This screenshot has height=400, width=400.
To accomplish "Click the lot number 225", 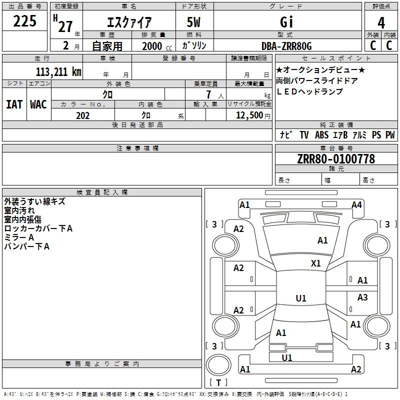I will point(25,21).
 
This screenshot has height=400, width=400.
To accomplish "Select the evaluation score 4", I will point(381,23).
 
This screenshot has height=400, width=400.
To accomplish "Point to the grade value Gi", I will point(286,23).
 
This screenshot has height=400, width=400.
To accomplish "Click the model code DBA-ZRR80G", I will point(286,46).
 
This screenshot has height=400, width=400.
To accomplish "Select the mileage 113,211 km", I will point(58,71).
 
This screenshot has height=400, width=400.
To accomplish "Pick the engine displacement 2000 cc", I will point(155,46).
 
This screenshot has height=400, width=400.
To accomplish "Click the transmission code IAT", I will point(14,104).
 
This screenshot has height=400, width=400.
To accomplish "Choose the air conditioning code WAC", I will point(38,104).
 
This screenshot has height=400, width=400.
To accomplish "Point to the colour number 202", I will point(83,115).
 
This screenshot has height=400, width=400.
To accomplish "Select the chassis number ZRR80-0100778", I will point(336,159).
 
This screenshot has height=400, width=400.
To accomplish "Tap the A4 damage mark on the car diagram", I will point(356,204).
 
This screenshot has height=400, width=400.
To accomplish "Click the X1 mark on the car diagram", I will point(316,263).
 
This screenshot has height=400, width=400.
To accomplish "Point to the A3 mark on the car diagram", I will point(362,297).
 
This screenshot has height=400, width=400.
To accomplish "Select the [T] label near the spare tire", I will point(218,382).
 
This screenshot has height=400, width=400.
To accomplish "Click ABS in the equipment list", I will point(322,135).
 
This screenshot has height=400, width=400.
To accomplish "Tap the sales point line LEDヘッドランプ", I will point(309,91).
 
